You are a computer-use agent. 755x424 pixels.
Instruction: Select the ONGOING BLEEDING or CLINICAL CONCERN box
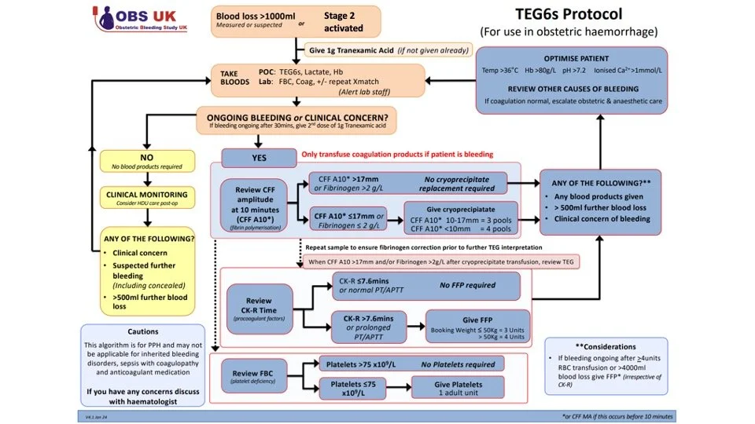click(296, 120)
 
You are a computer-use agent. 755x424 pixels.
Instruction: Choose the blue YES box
click(259, 157)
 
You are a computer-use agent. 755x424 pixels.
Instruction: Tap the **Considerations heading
click(606, 346)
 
